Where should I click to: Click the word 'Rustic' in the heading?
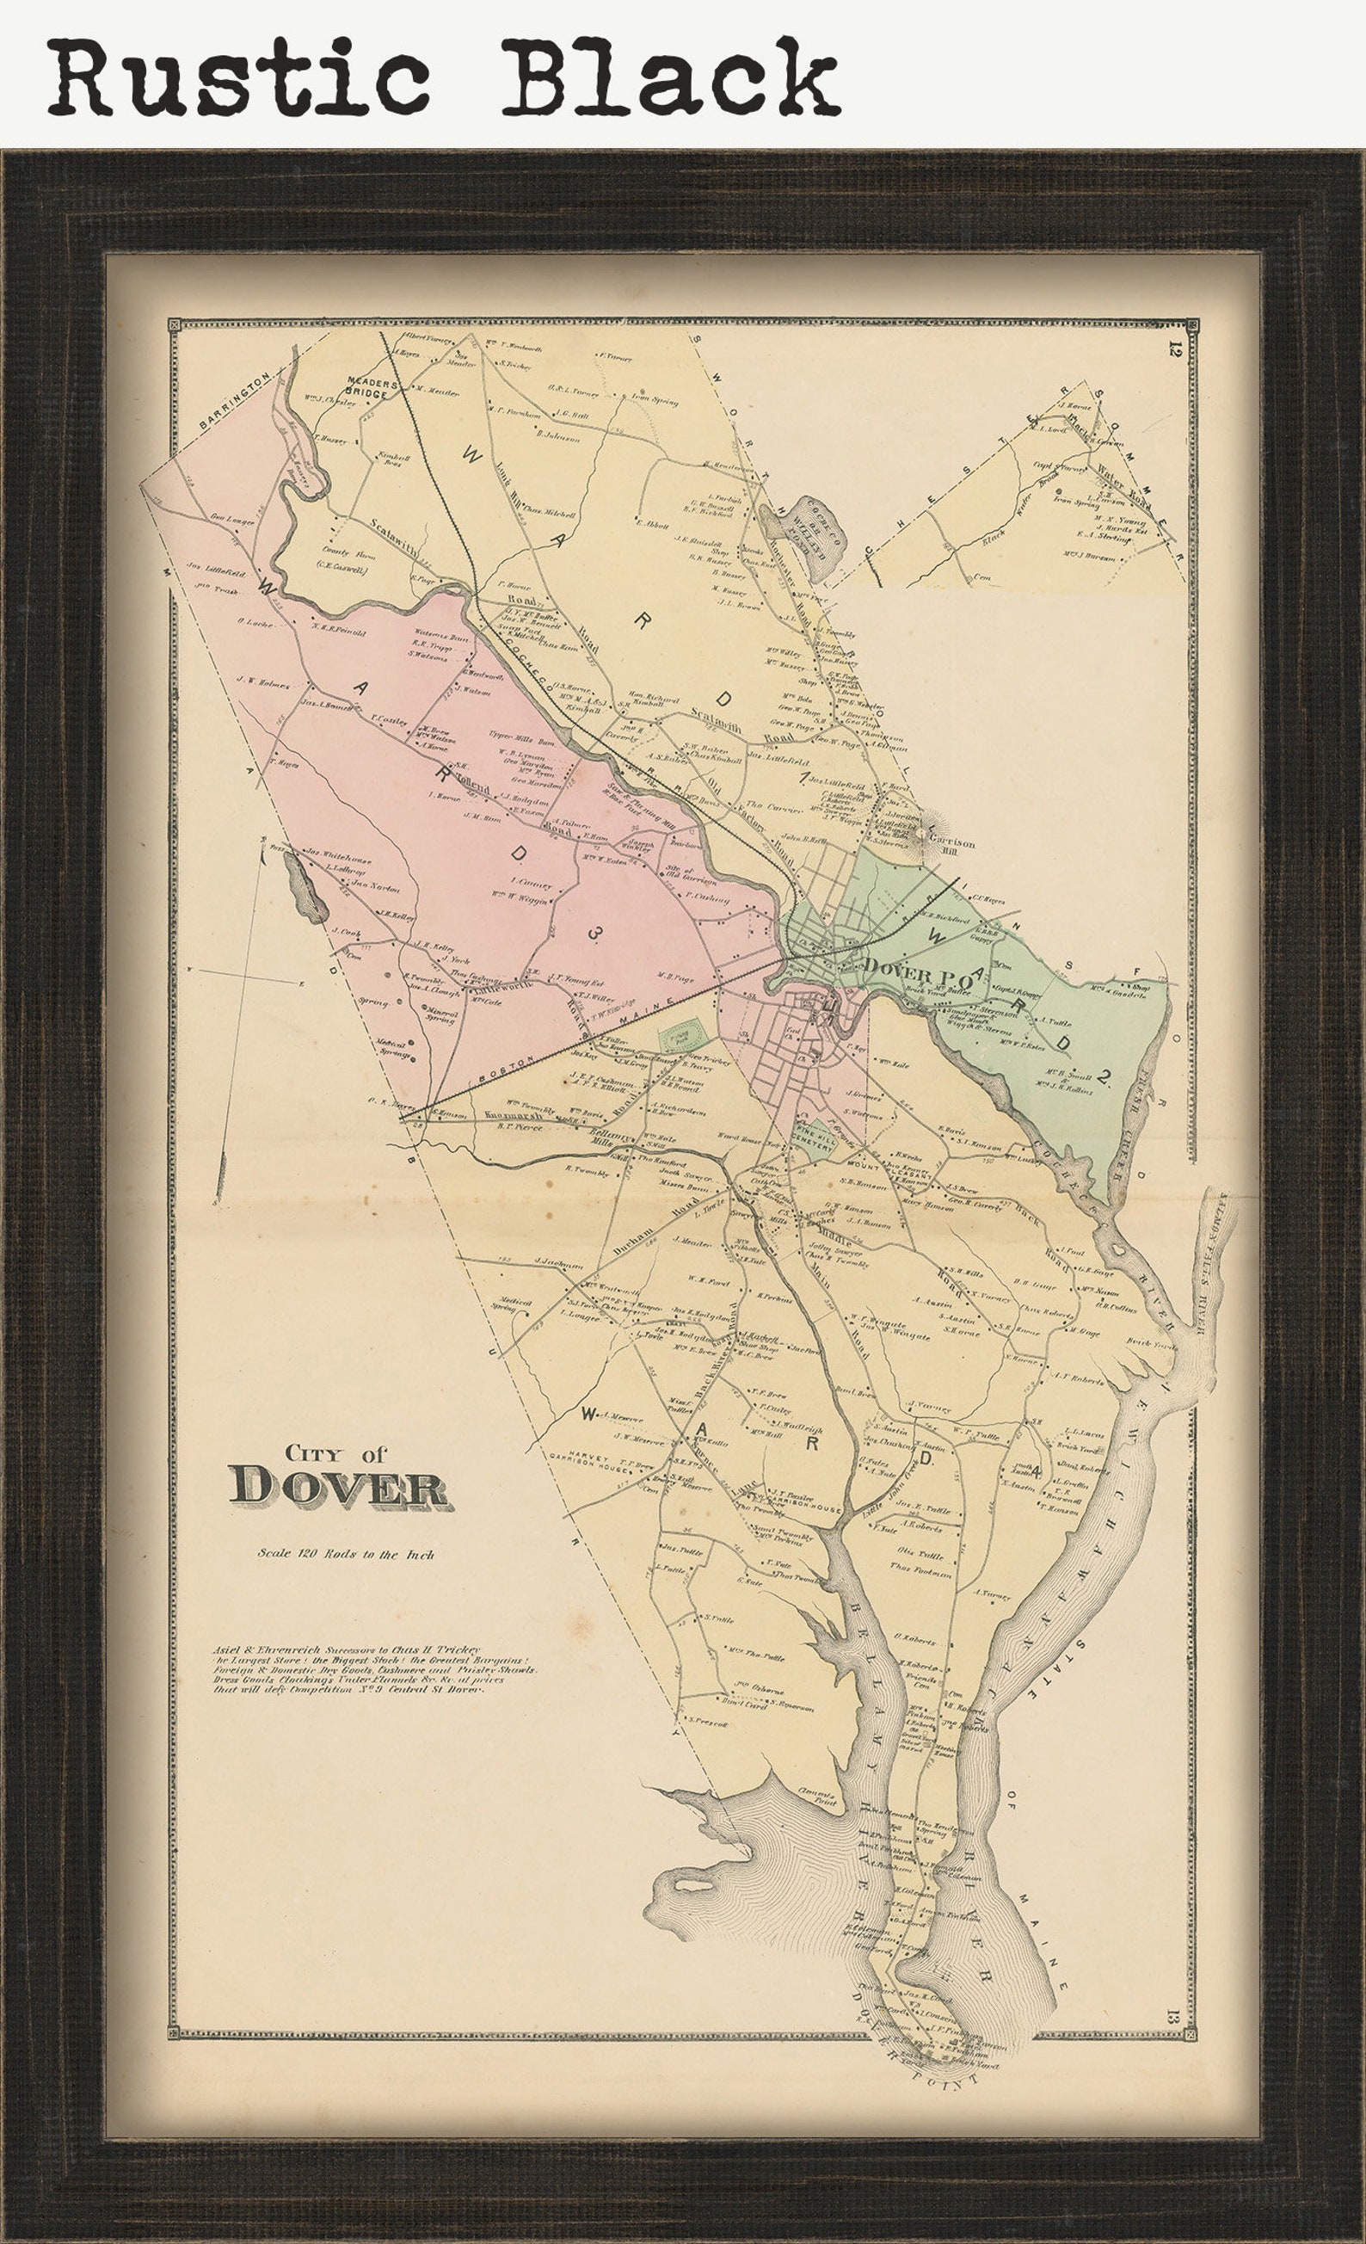(238, 77)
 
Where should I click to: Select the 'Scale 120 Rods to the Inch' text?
(345, 1554)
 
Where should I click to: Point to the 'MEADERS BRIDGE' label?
(372, 388)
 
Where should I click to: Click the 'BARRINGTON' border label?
(234, 399)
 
